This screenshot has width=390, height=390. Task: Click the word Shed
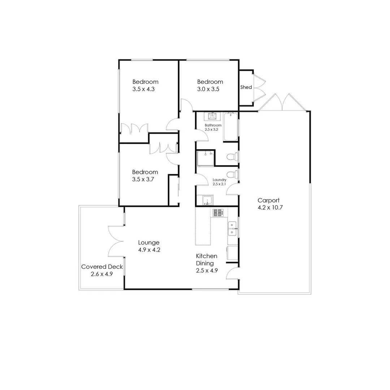(x=246, y=87)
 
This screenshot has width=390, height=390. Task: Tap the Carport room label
(x=268, y=200)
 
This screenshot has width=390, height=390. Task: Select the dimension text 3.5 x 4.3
(x=143, y=89)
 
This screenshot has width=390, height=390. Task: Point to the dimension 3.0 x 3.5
(x=208, y=89)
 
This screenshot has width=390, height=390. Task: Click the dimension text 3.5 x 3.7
(x=143, y=179)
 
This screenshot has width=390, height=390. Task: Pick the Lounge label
(x=149, y=243)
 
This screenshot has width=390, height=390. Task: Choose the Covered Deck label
(x=102, y=267)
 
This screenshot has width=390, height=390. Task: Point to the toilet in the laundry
(x=232, y=175)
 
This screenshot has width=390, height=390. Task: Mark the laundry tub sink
(x=207, y=200)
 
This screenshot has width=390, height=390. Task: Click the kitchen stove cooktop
(x=218, y=213)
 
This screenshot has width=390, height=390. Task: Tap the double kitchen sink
(x=232, y=229)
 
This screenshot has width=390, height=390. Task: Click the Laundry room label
(x=220, y=180)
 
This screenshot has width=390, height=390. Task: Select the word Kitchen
(x=207, y=256)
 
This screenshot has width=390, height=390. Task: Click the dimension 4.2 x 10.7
(x=268, y=208)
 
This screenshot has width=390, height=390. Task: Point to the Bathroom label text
(x=213, y=125)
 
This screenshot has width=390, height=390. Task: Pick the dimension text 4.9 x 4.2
(x=149, y=250)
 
